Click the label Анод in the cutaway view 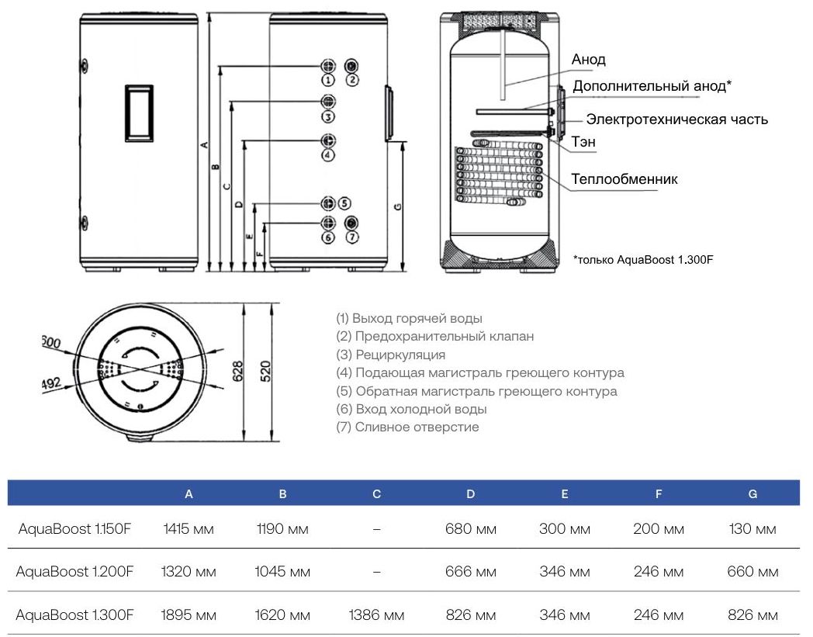pyautogui.click(x=588, y=60)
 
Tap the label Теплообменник pyautogui.click(x=624, y=179)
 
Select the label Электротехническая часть pyautogui.click(x=676, y=119)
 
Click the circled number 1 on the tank pyautogui.click(x=328, y=80)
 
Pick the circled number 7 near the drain pyautogui.click(x=352, y=237)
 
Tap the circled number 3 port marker pyautogui.click(x=328, y=117)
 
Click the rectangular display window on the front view pyautogui.click(x=139, y=113)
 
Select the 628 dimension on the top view pyautogui.click(x=239, y=371)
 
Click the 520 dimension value pyautogui.click(x=264, y=371)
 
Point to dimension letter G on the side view pyautogui.click(x=396, y=206)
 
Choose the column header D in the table pyautogui.click(x=471, y=493)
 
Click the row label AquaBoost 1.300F pyautogui.click(x=74, y=615)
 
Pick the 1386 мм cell pyautogui.click(x=377, y=615)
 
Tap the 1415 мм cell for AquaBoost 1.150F pyautogui.click(x=189, y=529)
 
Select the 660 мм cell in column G pyautogui.click(x=752, y=572)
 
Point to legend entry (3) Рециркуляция pyautogui.click(x=390, y=355)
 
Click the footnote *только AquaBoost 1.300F pyautogui.click(x=642, y=260)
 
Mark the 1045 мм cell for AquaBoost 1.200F pyautogui.click(x=282, y=572)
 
